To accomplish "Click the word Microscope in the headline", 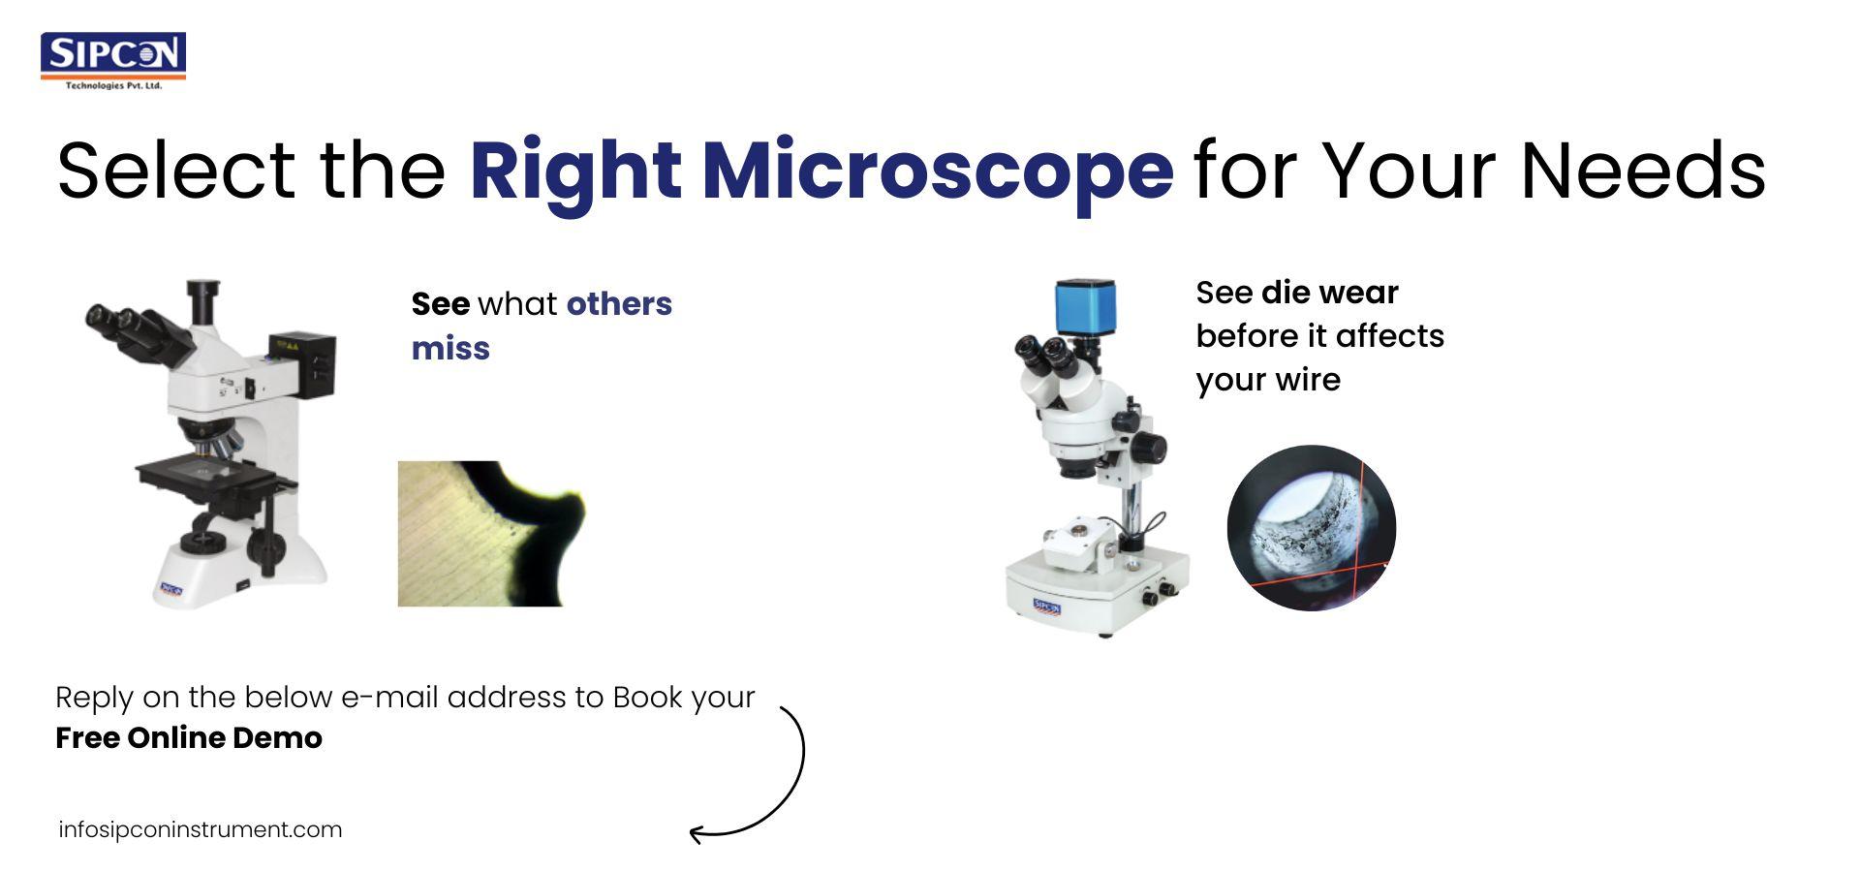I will (x=937, y=171).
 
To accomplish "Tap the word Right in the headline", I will (x=575, y=171).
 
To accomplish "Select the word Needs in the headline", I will (x=1642, y=171).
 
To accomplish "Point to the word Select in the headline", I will (x=175, y=171).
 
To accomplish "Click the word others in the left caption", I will (x=619, y=304).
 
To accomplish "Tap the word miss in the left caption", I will (x=450, y=349).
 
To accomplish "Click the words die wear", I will (x=1329, y=293).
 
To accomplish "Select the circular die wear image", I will (x=1311, y=528).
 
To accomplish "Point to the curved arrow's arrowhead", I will (x=696, y=832).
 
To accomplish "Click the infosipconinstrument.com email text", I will (x=200, y=830).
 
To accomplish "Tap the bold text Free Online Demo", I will (x=189, y=738).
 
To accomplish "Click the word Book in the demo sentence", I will (x=647, y=698).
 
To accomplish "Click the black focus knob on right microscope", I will (x=1150, y=447).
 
